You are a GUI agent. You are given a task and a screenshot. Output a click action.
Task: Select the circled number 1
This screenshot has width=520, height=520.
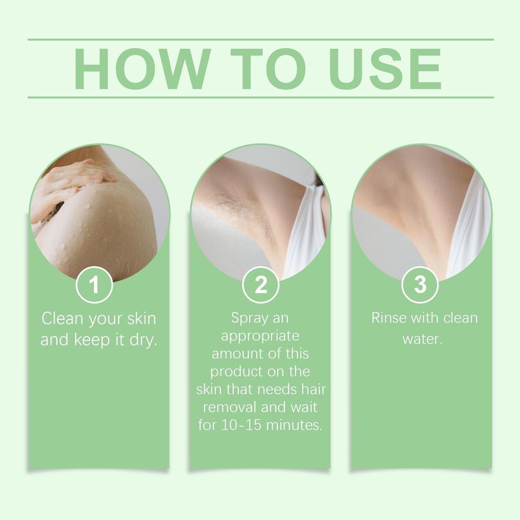pos(94,285)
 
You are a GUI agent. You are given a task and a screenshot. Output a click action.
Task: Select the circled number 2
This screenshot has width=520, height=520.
pos(261,285)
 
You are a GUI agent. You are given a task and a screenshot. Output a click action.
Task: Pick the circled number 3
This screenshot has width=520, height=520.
pos(420,285)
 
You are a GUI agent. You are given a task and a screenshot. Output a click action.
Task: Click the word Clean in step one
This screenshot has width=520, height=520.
pos(63,319)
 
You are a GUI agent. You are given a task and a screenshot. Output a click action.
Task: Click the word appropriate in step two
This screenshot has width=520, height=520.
pos(260,336)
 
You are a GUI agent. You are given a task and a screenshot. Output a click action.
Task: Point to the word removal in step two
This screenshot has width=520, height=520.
pos(230,407)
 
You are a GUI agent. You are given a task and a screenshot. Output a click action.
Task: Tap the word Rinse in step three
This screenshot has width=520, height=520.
pos(389,318)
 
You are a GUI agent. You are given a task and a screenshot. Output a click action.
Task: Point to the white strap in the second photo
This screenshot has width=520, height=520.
pos(305,229)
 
